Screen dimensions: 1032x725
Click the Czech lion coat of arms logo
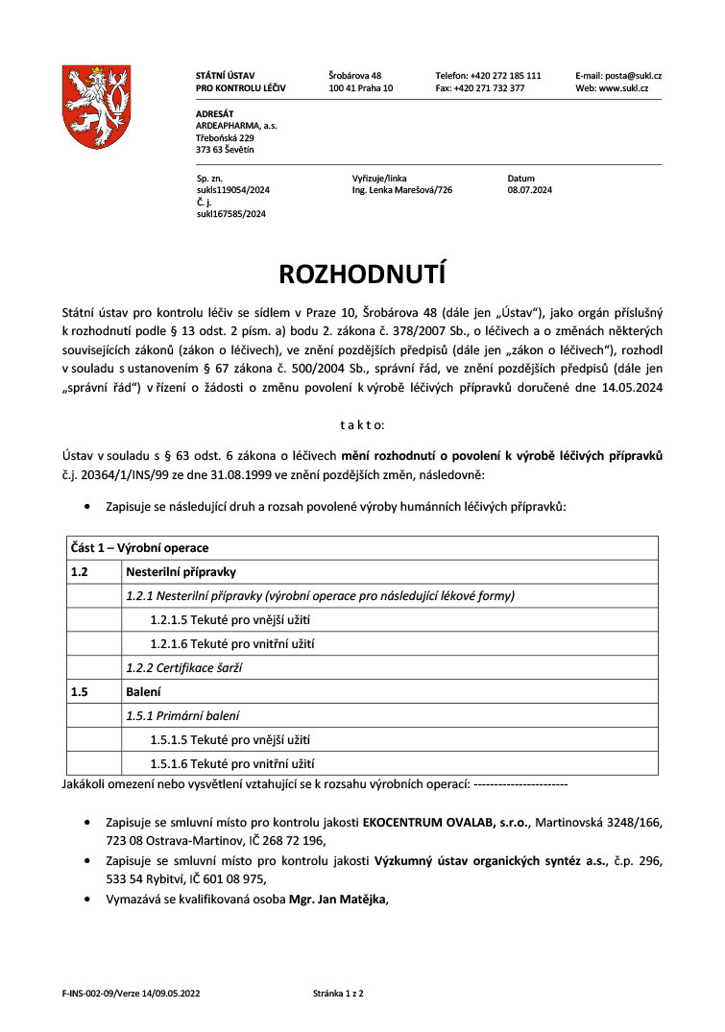coord(96,106)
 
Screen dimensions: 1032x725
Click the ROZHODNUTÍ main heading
coord(362,274)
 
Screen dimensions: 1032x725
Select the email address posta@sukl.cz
coord(631,75)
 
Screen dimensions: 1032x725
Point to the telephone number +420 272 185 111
coord(504,75)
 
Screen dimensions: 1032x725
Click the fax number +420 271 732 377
coord(493,87)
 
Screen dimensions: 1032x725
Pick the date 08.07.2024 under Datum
coord(529,190)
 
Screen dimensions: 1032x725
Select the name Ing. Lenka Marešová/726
coord(401,190)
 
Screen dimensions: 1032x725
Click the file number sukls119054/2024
coord(232,190)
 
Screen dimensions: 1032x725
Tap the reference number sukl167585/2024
coord(230,214)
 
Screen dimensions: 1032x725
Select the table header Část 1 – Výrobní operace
coord(139,548)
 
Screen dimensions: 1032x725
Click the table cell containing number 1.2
coord(80,572)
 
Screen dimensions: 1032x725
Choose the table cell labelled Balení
coord(144,691)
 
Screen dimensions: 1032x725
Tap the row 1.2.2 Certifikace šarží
coord(183,667)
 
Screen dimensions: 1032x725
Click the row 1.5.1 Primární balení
coord(182,715)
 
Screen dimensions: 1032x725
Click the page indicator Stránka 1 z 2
coord(338,993)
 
